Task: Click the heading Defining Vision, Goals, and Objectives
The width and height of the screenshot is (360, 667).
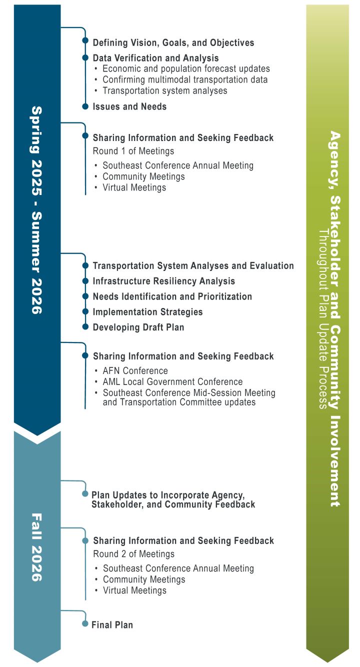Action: click(x=173, y=42)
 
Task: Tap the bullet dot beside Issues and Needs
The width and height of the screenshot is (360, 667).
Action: click(x=85, y=106)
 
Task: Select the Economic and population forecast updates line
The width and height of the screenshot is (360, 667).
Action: click(x=186, y=68)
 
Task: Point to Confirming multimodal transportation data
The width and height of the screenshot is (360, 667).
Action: click(x=185, y=79)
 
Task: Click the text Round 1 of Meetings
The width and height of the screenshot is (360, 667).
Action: click(x=133, y=151)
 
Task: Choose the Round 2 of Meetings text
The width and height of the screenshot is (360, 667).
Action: click(x=133, y=554)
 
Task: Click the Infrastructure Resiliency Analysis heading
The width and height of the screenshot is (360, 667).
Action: click(x=164, y=281)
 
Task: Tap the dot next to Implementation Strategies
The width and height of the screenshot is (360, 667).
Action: click(x=85, y=311)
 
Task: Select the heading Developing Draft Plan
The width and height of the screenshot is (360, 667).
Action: click(x=138, y=327)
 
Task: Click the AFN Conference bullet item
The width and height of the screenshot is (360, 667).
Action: click(x=135, y=370)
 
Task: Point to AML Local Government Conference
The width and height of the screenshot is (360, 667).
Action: click(x=172, y=381)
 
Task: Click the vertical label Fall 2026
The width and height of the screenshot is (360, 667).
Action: click(x=36, y=547)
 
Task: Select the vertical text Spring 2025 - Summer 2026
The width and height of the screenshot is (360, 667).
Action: click(x=36, y=210)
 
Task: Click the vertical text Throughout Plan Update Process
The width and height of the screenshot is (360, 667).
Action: click(x=323, y=319)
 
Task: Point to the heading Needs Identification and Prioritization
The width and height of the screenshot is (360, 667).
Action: click(x=172, y=296)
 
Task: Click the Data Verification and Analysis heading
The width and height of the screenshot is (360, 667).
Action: click(x=155, y=58)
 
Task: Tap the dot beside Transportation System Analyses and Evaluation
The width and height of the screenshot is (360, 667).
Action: click(x=85, y=265)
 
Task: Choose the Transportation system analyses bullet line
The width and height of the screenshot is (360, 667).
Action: click(x=164, y=90)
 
